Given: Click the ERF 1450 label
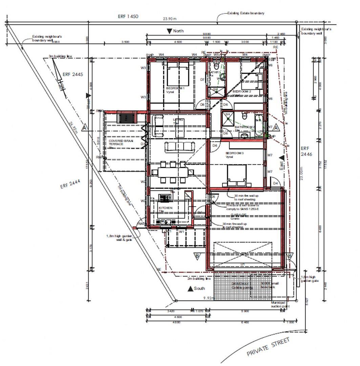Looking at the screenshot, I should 128,16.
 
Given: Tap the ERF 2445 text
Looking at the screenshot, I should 72,74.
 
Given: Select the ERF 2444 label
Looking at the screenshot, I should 70,184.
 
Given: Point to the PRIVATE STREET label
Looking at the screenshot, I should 268,347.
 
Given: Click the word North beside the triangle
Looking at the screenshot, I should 178,31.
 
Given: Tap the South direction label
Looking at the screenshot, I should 199,288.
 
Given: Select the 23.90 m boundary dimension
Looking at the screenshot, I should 170,19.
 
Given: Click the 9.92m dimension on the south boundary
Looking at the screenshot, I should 209,298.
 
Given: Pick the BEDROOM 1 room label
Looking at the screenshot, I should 175,88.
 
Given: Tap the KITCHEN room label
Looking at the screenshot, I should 165,208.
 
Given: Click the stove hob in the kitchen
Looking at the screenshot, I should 165,198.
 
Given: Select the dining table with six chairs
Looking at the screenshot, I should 173,172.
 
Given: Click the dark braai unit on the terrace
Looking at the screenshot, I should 127,117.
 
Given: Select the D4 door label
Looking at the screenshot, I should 275,183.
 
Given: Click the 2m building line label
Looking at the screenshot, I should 199,279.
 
